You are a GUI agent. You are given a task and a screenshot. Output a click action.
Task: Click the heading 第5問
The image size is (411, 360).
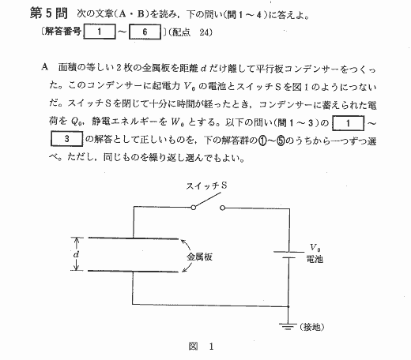tap(49, 13)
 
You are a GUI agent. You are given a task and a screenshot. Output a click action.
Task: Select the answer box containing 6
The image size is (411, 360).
tap(145, 32)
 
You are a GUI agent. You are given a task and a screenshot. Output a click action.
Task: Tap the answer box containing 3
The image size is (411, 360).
tap(66, 139)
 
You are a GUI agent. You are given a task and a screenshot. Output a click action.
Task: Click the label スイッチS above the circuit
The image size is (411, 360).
tap(206, 186)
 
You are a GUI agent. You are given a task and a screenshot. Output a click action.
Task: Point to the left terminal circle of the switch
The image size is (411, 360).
tap(194, 208)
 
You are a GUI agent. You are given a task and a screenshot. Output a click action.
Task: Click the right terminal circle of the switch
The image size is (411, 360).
tap(223, 208)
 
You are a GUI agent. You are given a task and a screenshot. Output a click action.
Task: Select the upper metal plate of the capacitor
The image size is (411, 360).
tap(133, 238)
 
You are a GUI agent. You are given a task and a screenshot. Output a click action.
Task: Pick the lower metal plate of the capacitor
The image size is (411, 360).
tap(133, 271)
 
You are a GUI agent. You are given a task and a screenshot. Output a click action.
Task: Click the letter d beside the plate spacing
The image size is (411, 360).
tap(76, 254)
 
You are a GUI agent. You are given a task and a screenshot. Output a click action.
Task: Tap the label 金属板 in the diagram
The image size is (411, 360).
tap(199, 257)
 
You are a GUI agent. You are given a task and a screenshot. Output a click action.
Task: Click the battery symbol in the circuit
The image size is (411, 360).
tap(289, 255)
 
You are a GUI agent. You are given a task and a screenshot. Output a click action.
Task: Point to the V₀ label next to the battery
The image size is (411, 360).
tap(315, 248)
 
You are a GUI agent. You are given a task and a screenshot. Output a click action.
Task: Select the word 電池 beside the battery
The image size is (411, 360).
tap(315, 259)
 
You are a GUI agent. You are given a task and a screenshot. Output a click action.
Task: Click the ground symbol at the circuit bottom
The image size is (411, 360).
tap(288, 326)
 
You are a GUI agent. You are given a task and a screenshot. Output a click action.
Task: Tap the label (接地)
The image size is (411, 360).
tap(311, 327)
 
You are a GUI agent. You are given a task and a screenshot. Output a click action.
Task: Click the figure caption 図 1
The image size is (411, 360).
tap(201, 347)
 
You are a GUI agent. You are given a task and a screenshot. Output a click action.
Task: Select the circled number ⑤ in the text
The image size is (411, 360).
tap(281, 141)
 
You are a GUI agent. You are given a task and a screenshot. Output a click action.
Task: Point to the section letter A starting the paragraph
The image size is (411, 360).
tap(45, 67)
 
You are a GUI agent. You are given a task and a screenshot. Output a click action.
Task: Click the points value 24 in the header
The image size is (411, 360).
tap(205, 32)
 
